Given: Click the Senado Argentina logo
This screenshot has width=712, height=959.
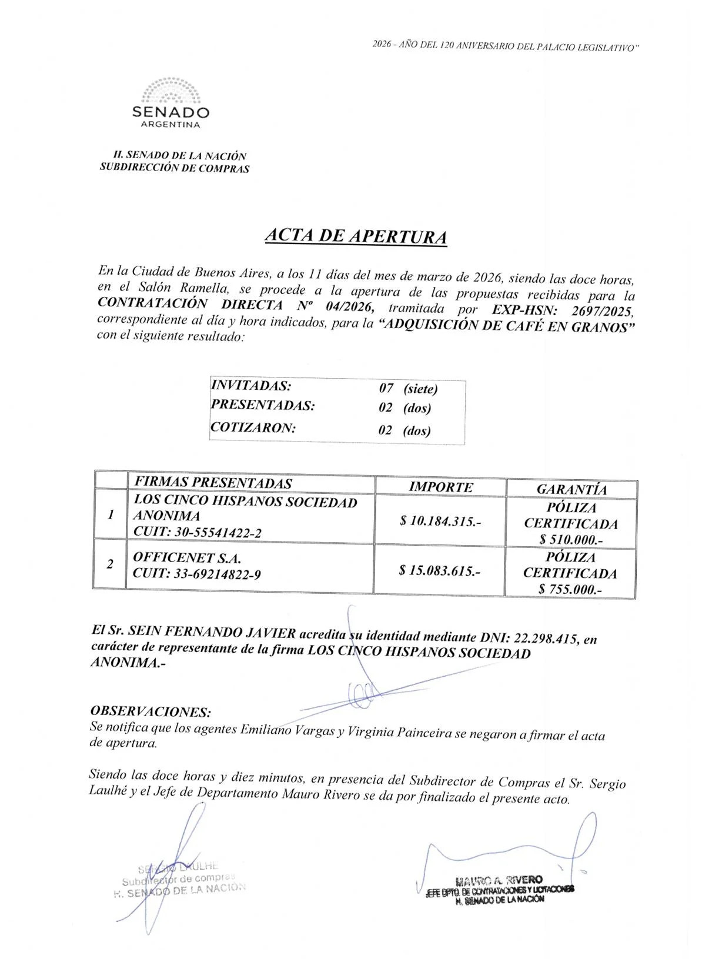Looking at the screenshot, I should pos(171,103).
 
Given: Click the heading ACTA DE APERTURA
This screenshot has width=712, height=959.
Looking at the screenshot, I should pos(355,236).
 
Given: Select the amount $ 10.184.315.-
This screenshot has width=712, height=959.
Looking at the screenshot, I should pos(440,521).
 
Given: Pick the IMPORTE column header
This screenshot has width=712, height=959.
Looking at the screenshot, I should pos(440,487).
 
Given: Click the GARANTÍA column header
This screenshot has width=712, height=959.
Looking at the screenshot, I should pos(571,489).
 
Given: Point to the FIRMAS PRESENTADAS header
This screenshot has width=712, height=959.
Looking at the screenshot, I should pos(213,483).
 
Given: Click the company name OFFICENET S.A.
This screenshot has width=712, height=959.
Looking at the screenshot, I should pos(187,557).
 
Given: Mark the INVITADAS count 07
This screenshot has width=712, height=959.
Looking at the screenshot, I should pos(386,388).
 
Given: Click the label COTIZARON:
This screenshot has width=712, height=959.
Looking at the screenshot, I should pos(253,427).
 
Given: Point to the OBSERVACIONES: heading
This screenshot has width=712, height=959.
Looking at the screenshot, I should pos(151,712).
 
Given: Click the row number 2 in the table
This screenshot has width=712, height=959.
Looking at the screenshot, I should pos(110,564).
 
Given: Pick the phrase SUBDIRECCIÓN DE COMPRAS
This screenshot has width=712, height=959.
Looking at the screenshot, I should pos(175,169).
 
